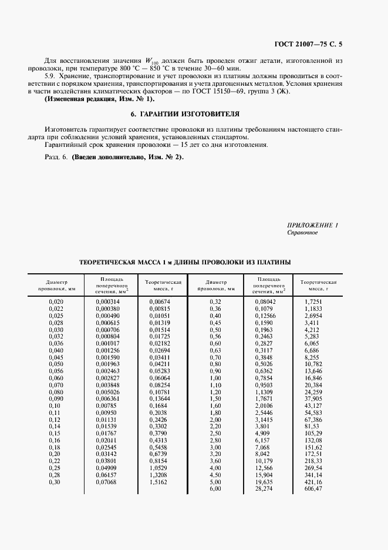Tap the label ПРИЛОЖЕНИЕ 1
pos(313,226)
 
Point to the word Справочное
pos(302,233)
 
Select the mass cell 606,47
pos(314,489)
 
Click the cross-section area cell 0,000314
pos(107,301)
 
